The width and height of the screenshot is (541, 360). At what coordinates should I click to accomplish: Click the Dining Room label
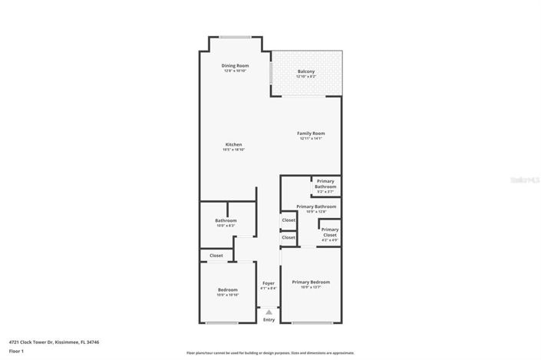pos(235,66)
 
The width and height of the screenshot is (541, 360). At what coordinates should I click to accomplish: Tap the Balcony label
pos(306,71)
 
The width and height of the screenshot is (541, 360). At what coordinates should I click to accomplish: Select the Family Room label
pos(311,134)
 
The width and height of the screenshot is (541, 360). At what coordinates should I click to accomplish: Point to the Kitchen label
pos(233,144)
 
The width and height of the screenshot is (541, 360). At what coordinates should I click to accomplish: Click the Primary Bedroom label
pos(311,282)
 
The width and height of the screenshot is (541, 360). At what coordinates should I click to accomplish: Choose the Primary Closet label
pos(330,230)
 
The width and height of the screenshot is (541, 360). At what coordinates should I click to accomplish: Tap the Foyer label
pos(269,283)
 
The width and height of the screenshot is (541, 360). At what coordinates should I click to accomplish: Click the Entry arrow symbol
pos(269,311)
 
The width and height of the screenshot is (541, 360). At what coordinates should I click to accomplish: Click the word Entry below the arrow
pos(269,319)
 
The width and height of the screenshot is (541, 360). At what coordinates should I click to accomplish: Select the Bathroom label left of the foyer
pos(226,220)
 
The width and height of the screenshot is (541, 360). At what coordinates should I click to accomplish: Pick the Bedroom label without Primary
pos(227,289)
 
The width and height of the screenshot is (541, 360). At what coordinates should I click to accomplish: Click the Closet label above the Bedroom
pos(216,256)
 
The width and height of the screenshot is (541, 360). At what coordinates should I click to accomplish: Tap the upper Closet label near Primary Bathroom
pos(289,220)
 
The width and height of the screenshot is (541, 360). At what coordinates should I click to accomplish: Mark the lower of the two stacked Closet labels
pos(289,238)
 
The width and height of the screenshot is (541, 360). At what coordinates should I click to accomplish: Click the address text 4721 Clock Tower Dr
pos(54,342)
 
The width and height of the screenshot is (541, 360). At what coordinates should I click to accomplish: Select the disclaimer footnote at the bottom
pos(270,353)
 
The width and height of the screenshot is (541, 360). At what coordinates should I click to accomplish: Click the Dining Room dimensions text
pos(235,71)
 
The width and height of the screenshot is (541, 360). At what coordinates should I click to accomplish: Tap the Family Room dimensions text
pos(311,138)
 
